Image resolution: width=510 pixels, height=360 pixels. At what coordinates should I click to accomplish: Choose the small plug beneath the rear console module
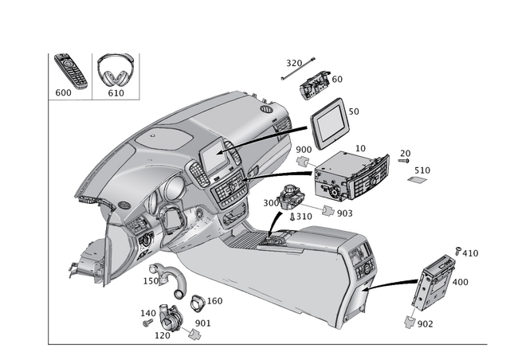click(x=409, y=320)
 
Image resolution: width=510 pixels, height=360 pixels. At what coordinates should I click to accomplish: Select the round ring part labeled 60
click(x=196, y=303)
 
